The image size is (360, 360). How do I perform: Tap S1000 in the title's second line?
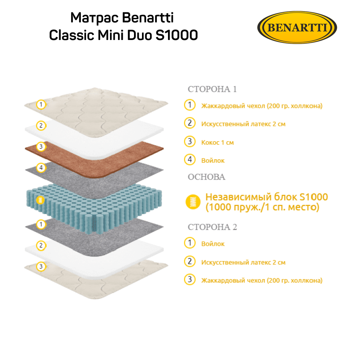point(176,35)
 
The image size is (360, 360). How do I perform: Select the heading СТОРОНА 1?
point(212,89)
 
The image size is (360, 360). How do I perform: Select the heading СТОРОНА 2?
point(212,227)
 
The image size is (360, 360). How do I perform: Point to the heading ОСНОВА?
point(206,177)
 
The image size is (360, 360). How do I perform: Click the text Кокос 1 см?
point(218,142)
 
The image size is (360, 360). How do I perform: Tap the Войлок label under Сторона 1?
point(213,160)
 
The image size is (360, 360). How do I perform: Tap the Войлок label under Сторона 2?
point(213,244)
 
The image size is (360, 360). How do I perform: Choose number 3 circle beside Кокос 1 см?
point(190,142)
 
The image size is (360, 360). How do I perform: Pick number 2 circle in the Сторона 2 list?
point(190,262)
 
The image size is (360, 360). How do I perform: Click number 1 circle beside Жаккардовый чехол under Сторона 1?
point(190,105)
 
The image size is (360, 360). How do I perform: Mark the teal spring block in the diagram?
point(96,200)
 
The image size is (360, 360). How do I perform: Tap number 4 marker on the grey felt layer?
point(40,167)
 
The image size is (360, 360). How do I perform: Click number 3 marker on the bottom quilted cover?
point(40,266)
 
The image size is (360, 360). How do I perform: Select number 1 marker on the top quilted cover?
point(40,105)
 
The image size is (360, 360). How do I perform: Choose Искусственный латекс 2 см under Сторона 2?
point(243,262)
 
